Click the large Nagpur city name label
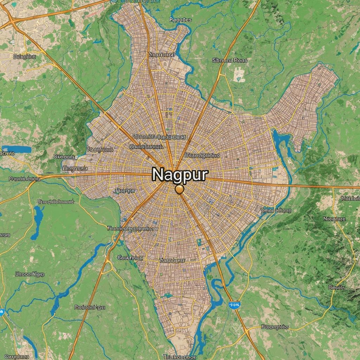tap(180, 174)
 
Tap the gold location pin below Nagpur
tap(179, 190)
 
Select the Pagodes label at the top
tap(180, 20)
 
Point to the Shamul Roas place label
tap(230, 60)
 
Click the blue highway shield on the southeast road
tap(234, 303)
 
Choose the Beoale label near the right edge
tap(336, 287)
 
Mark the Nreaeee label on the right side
tap(334, 219)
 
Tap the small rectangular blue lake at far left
tap(16, 149)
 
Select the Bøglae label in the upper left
tap(24, 56)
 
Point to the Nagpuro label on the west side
tap(75, 168)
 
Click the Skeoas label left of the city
tap(64, 156)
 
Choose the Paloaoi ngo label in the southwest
tap(90, 307)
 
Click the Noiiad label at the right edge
tap(350, 198)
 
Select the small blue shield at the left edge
tap(2, 311)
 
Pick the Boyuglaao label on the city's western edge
tap(100, 149)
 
